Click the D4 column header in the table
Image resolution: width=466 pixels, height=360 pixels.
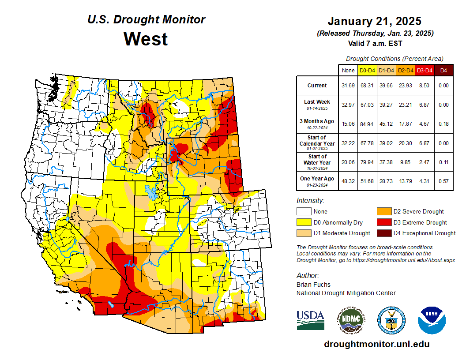point(443,70)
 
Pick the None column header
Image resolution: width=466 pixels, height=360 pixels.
point(348,70)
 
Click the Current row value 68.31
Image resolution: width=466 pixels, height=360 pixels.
point(367,86)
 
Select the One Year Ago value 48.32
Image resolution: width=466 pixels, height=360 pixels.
point(348,182)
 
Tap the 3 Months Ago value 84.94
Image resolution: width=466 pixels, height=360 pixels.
point(367,124)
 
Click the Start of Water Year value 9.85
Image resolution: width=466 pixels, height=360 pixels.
point(406,162)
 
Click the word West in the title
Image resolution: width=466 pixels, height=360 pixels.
point(146,39)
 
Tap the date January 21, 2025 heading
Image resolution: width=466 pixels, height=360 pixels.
point(375,21)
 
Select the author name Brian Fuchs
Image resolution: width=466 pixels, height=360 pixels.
point(313,285)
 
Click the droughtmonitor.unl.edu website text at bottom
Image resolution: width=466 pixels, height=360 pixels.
point(376,344)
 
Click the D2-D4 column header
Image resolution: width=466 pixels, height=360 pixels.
point(406,70)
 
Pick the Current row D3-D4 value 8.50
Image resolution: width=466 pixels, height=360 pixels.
point(425,86)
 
